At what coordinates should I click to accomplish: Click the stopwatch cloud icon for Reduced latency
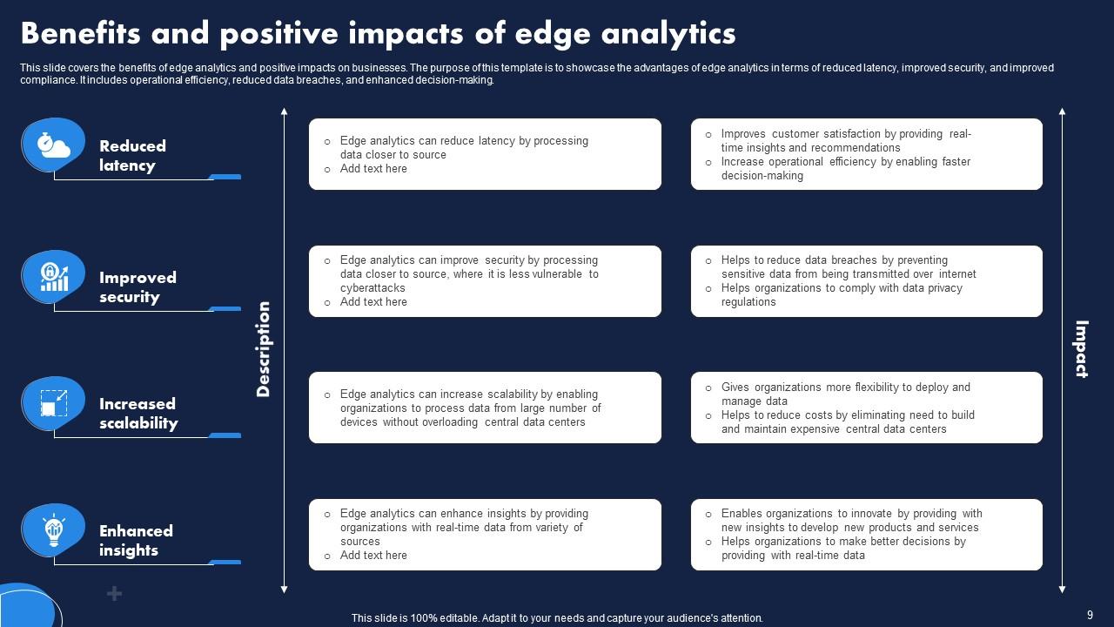53,145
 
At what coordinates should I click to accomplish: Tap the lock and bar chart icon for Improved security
53,277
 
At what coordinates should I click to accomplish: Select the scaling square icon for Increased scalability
53,403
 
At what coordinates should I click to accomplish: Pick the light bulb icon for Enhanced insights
53,529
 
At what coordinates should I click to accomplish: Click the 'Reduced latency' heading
132,156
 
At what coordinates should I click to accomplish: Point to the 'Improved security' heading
138,287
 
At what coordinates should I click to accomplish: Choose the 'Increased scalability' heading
138,414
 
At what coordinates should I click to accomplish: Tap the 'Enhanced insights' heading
136,541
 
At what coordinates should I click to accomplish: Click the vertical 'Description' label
264,349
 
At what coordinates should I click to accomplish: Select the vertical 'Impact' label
1081,349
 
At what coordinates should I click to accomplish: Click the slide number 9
1090,615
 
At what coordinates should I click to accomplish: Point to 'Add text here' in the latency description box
373,169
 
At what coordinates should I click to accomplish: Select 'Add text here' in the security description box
373,302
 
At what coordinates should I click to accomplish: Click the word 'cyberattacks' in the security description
372,288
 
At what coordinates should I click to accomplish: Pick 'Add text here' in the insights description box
373,556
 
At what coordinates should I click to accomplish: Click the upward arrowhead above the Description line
284,111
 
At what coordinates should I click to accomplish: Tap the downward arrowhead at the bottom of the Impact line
1062,590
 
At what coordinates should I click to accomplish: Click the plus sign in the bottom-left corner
114,594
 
